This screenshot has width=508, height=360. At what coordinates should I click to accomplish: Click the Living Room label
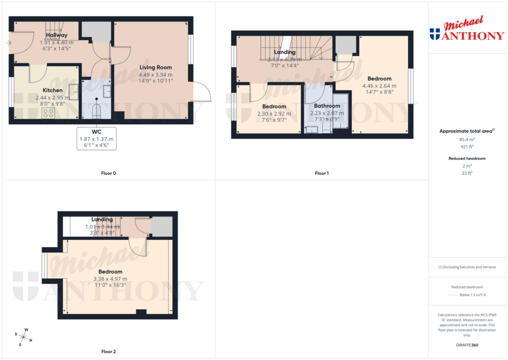pos(155,68)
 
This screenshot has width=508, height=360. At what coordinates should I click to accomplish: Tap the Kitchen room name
pos(52,90)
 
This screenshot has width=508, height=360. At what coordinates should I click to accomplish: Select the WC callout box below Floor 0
pos(96,139)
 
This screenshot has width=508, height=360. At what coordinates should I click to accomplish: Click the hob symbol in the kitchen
pos(49,113)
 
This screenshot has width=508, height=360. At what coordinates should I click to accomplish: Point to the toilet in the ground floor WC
pos(97,111)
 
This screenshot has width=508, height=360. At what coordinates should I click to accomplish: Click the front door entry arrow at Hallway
pos(8,43)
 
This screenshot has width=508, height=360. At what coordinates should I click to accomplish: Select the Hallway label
pos(57,35)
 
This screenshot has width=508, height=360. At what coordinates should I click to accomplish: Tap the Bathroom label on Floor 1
pos(327,106)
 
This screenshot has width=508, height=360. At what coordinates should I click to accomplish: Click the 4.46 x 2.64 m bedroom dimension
pos(380,85)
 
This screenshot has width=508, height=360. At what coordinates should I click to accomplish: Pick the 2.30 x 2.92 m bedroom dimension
pos(274,114)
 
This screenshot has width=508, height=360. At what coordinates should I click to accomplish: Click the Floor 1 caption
pos(321,173)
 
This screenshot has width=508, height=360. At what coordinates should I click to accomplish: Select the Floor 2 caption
pos(108,352)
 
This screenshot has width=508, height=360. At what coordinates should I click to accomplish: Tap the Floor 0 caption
pos(108,173)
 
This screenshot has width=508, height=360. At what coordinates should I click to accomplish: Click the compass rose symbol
pos(23,337)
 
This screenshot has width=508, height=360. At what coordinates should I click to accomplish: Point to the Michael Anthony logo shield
pos(435,34)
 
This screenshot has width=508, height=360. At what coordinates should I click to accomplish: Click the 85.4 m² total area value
pos(467,140)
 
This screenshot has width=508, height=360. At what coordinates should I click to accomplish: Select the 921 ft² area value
pos(467,147)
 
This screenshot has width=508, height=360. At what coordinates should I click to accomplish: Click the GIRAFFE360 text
pos(467,345)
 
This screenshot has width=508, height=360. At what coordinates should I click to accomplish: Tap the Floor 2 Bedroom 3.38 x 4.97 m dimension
pos(110,279)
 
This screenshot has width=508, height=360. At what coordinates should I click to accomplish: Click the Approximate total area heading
pos(466,131)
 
